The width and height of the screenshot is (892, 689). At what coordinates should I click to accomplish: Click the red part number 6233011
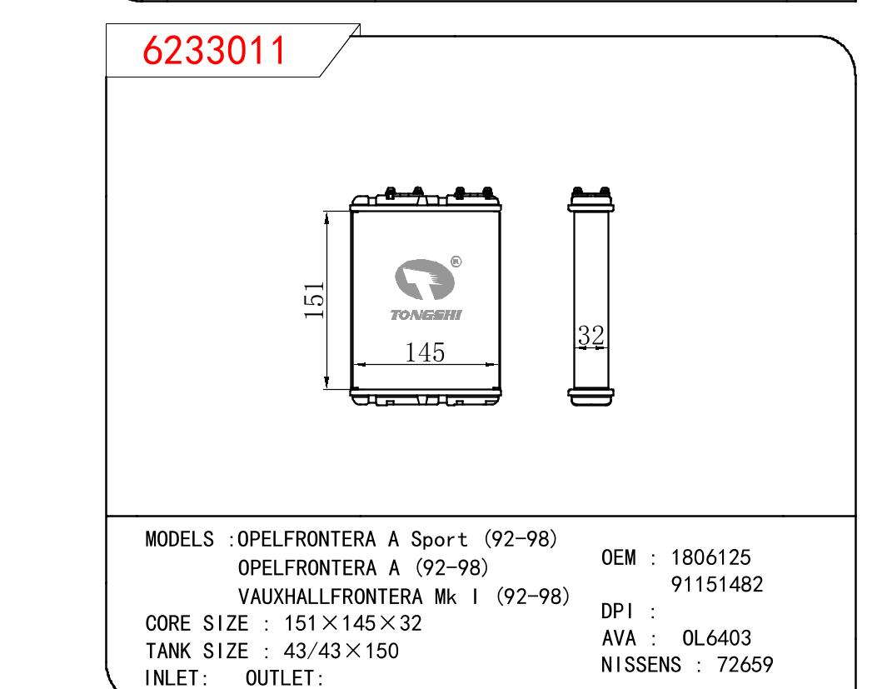pyautogui.click(x=214, y=51)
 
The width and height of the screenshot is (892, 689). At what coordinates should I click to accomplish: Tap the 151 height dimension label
pyautogui.click(x=314, y=300)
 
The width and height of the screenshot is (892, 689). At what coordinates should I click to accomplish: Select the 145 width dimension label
pyautogui.click(x=425, y=352)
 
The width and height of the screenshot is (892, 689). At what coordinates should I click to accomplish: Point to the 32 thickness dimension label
pyautogui.click(x=591, y=335)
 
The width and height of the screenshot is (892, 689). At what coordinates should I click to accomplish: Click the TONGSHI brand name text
pyautogui.click(x=426, y=315)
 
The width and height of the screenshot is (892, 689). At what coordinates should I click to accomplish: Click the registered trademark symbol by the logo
pyautogui.click(x=456, y=262)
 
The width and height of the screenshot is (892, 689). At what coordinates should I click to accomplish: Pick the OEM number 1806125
pyautogui.click(x=711, y=557)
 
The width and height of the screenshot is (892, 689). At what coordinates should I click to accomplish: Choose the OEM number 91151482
pyautogui.click(x=717, y=584)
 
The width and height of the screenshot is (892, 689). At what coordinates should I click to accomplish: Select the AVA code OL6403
pyautogui.click(x=717, y=638)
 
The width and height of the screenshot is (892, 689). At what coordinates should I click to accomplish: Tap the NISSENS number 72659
pyautogui.click(x=745, y=665)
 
